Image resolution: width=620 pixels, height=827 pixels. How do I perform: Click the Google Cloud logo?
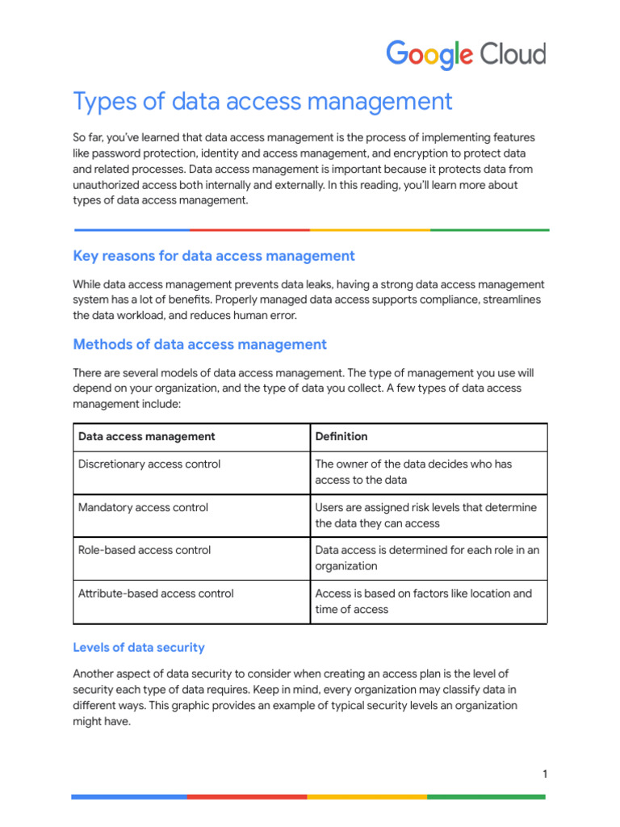pyautogui.click(x=466, y=55)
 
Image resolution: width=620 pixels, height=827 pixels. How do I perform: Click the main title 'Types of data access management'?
pyautogui.click(x=262, y=102)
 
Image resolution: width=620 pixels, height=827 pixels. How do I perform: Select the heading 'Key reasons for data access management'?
pyautogui.click(x=214, y=256)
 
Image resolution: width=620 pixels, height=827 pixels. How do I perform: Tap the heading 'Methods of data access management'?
pyautogui.click(x=199, y=345)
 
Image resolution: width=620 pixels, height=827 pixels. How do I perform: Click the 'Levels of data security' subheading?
pyautogui.click(x=139, y=648)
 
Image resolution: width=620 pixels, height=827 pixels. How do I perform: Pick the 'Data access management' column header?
pyautogui.click(x=146, y=437)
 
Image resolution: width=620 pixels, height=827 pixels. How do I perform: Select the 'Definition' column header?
pyautogui.click(x=341, y=437)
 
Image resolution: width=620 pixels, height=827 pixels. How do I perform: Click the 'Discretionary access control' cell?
pyautogui.click(x=149, y=464)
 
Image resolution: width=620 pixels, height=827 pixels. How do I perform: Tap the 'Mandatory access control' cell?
pyautogui.click(x=143, y=508)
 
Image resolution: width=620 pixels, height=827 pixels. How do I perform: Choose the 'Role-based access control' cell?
pyautogui.click(x=145, y=551)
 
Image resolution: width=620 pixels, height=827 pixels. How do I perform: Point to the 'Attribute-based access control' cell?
pyautogui.click(x=156, y=594)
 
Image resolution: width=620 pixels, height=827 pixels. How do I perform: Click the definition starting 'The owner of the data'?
pyautogui.click(x=413, y=472)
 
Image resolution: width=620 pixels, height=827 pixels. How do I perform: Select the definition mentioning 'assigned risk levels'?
pyautogui.click(x=425, y=515)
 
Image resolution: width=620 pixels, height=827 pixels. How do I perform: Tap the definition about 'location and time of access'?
pyautogui.click(x=423, y=602)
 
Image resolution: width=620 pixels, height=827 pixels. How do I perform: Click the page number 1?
pyautogui.click(x=545, y=775)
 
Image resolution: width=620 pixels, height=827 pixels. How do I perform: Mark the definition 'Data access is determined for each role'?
pyautogui.click(x=427, y=558)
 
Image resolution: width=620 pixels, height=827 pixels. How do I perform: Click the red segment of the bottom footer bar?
pyautogui.click(x=247, y=796)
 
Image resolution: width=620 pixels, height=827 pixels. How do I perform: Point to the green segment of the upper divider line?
pyautogui.click(x=489, y=230)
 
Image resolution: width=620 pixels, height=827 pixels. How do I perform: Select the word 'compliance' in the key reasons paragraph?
pyautogui.click(x=433, y=300)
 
